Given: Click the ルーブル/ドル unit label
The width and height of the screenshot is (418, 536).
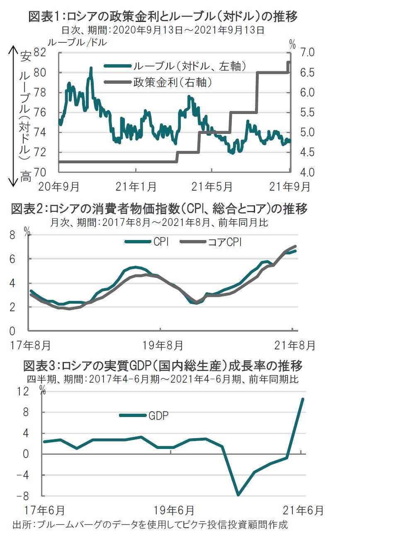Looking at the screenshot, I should (77, 42).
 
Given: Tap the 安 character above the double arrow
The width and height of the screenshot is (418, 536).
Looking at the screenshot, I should (25, 56).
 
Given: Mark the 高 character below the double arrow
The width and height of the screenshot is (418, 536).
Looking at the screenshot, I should (25, 177).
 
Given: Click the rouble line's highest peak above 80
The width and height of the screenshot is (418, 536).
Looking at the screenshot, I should (91, 68).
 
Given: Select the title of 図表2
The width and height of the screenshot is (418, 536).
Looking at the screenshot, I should (159, 209).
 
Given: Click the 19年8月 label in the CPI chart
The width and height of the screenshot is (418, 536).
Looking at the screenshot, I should (163, 345).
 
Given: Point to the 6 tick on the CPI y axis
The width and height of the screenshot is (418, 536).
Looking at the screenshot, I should (12, 259).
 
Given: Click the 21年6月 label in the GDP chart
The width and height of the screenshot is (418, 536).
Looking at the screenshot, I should (303, 510).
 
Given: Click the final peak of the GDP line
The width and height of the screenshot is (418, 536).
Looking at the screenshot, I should (303, 399).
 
